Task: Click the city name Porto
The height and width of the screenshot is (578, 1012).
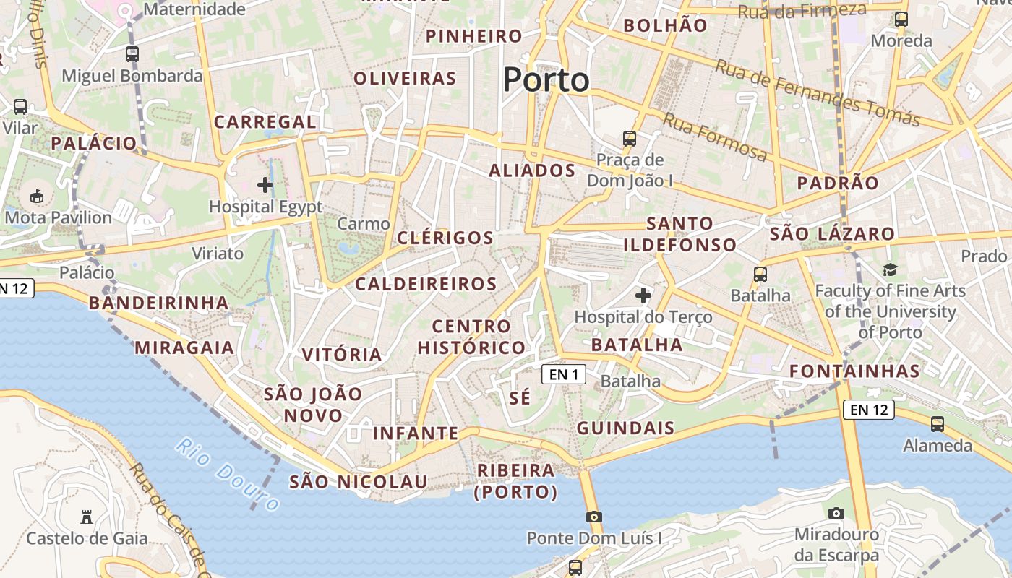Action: (546, 79)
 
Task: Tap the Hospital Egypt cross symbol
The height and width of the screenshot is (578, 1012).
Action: (265, 185)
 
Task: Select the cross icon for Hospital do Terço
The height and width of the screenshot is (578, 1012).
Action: (643, 295)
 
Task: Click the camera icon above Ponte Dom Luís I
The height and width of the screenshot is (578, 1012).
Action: (593, 517)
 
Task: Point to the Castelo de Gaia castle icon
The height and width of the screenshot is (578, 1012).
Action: (87, 517)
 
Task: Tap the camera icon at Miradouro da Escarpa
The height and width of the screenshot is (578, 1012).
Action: (836, 513)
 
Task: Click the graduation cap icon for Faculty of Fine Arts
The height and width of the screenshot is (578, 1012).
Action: (890, 270)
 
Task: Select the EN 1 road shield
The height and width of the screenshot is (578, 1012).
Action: (564, 374)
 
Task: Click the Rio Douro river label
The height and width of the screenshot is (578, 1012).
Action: (226, 474)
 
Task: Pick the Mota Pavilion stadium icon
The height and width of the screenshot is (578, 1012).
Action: (36, 195)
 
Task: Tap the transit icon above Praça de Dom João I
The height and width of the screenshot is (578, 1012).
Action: (630, 138)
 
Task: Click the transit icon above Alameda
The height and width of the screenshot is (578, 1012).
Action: (938, 423)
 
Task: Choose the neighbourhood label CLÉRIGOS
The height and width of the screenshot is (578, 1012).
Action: (445, 238)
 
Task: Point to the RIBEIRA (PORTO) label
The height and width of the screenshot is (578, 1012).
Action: (516, 481)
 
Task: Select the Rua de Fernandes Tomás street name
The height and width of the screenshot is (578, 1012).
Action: (817, 92)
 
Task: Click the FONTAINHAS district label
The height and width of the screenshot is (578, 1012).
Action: (854, 371)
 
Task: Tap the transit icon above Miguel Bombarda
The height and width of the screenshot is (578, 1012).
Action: (132, 53)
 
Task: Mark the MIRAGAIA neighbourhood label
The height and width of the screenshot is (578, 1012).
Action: (184, 348)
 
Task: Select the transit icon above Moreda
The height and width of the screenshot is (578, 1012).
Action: (901, 19)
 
